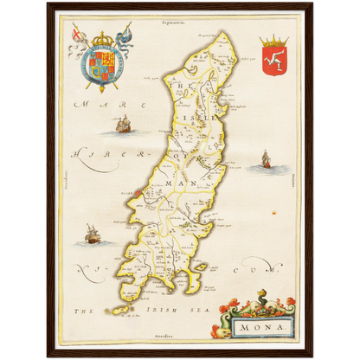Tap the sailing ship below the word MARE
coord(122,126)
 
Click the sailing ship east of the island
coord(265,159)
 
